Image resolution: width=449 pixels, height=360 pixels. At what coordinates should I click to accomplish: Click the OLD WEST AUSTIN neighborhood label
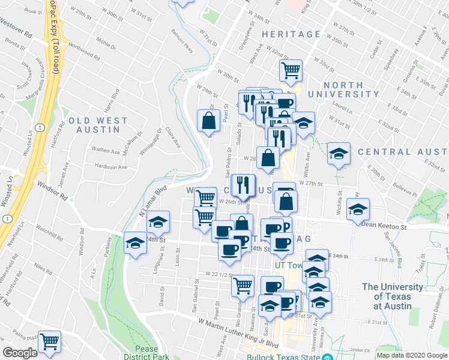[x=98, y=125]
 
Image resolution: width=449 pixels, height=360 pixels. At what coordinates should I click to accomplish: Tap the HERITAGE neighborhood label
[x=291, y=35]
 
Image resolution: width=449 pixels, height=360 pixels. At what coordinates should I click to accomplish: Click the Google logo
[x=20, y=353]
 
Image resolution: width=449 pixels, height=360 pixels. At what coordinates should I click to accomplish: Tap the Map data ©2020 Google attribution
[x=412, y=355]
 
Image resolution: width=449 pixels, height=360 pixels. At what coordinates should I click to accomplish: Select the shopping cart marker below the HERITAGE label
[x=291, y=71]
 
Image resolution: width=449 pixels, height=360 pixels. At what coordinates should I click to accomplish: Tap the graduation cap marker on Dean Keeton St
[x=358, y=209]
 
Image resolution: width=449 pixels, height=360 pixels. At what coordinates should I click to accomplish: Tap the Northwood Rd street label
[x=82, y=46]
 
